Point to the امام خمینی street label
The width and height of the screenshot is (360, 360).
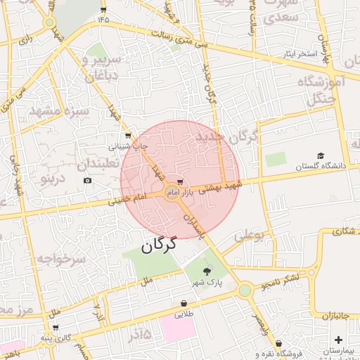[127, 200]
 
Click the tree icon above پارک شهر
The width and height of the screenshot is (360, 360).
[207, 271]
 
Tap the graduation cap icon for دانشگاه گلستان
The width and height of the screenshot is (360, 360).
[321, 156]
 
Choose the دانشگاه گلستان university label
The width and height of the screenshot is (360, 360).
[321, 167]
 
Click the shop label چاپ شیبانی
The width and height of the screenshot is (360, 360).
[128, 147]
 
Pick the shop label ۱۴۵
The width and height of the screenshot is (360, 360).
[104, 19]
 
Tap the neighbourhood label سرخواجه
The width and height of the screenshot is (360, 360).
[64, 259]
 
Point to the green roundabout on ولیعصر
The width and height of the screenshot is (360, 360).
[245, 290]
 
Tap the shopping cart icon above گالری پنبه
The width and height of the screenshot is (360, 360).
[56, 328]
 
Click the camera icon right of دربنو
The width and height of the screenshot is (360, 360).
[87, 181]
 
